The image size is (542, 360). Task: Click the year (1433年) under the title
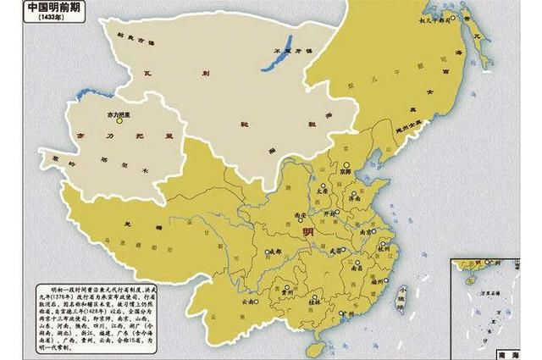pyautogui.click(x=33, y=22)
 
